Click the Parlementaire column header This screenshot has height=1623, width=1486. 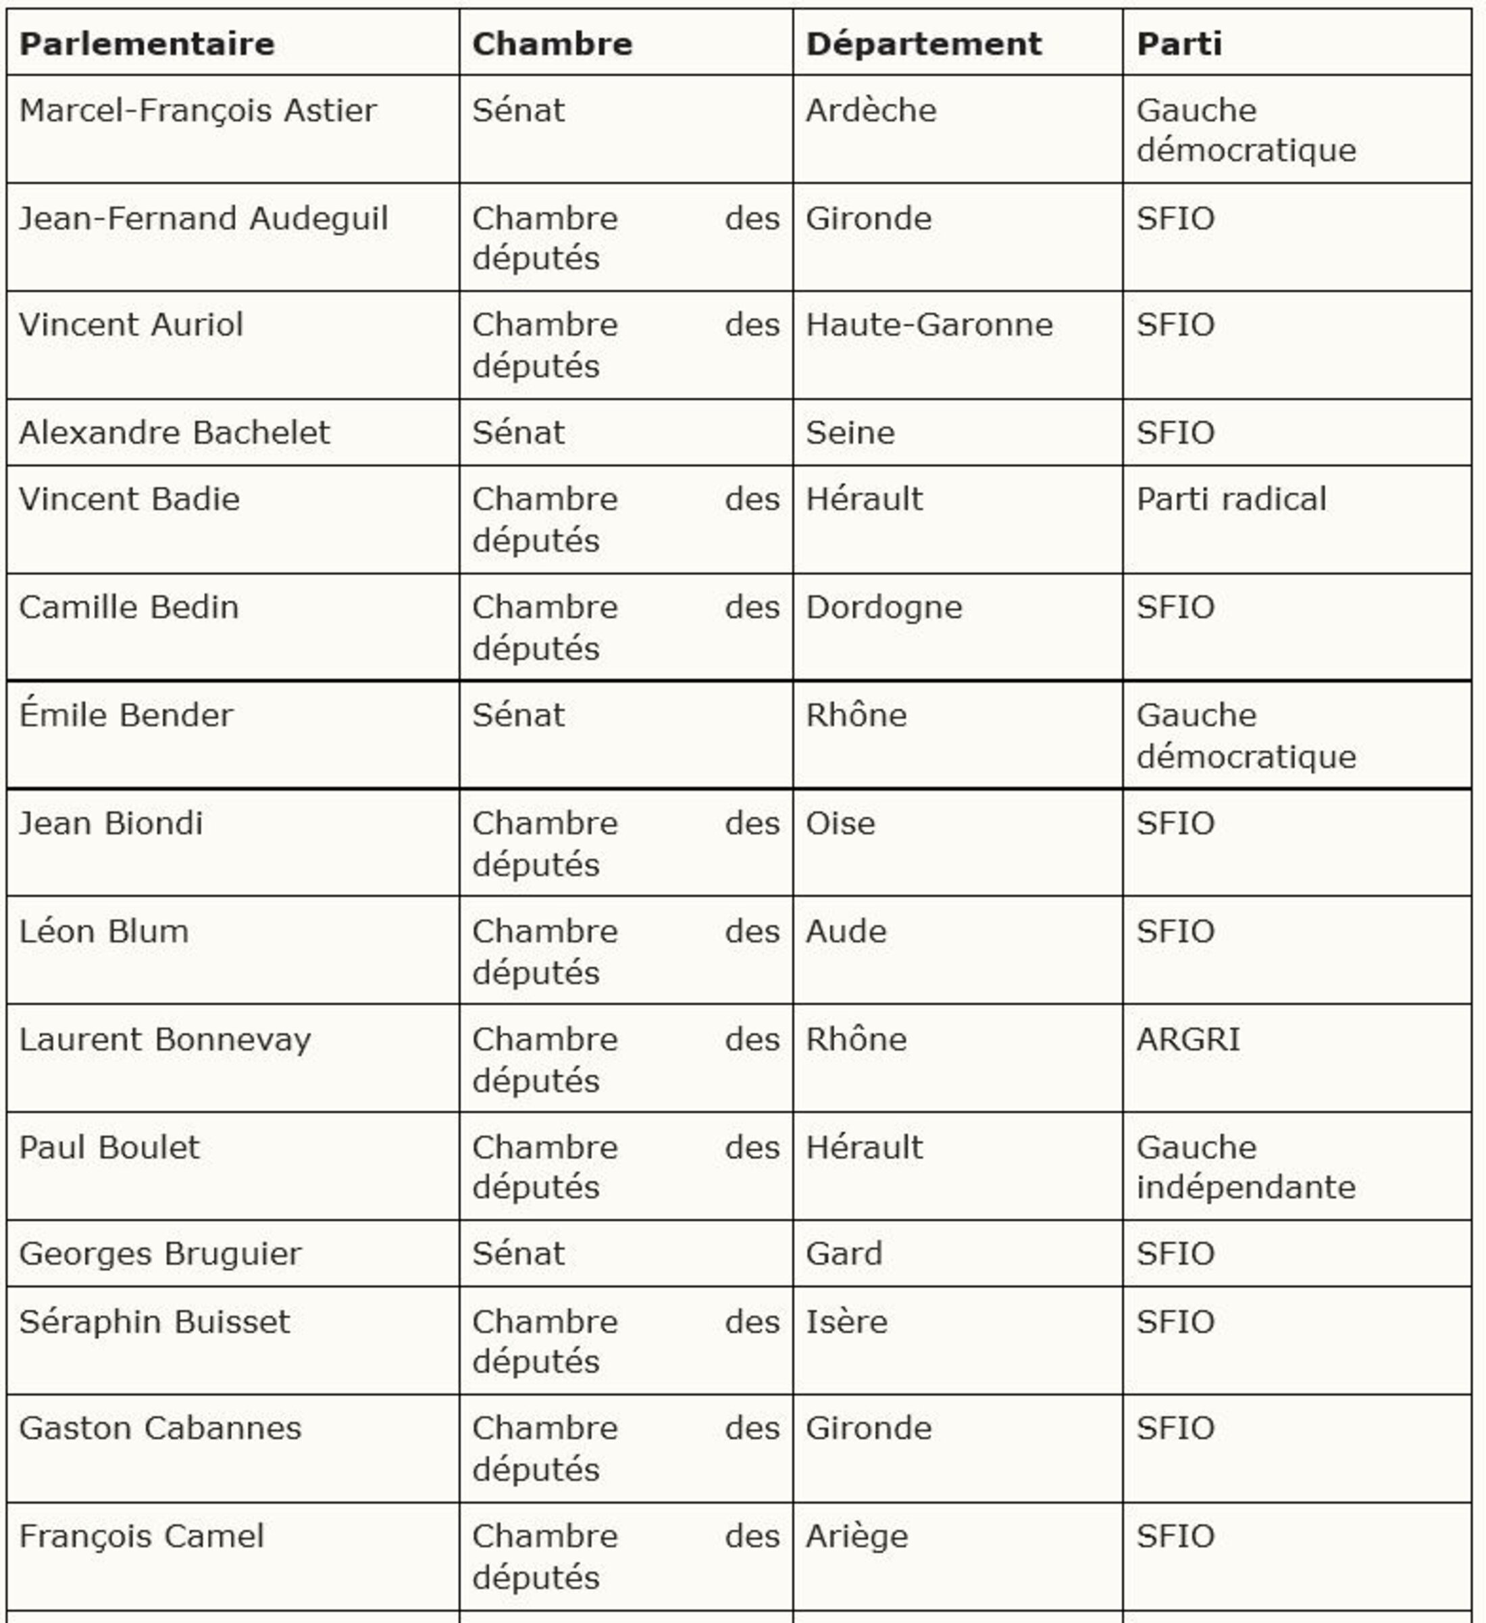(x=147, y=43)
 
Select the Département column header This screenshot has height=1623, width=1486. (x=923, y=43)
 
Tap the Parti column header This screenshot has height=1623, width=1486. (x=1179, y=43)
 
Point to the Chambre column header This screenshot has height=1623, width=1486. (x=553, y=43)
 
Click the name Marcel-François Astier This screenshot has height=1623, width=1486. (x=197, y=110)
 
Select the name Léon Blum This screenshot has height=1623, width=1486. (x=104, y=932)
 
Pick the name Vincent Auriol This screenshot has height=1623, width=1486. (x=130, y=325)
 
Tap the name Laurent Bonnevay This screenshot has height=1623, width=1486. (x=164, y=1039)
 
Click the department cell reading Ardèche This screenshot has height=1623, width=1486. (x=871, y=110)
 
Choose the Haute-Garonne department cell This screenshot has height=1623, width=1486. (x=929, y=325)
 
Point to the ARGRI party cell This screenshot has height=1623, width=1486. (x=1187, y=1039)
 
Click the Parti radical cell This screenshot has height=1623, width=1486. (x=1231, y=499)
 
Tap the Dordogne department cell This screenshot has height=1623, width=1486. (x=884, y=607)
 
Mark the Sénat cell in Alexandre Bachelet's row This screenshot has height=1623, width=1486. (x=518, y=433)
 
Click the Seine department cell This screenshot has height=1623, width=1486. (x=850, y=433)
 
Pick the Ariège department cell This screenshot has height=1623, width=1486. (x=856, y=1536)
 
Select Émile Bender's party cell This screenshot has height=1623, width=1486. (x=1246, y=735)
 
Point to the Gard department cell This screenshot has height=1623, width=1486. (x=844, y=1254)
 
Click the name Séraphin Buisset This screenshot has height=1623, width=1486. (x=154, y=1322)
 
